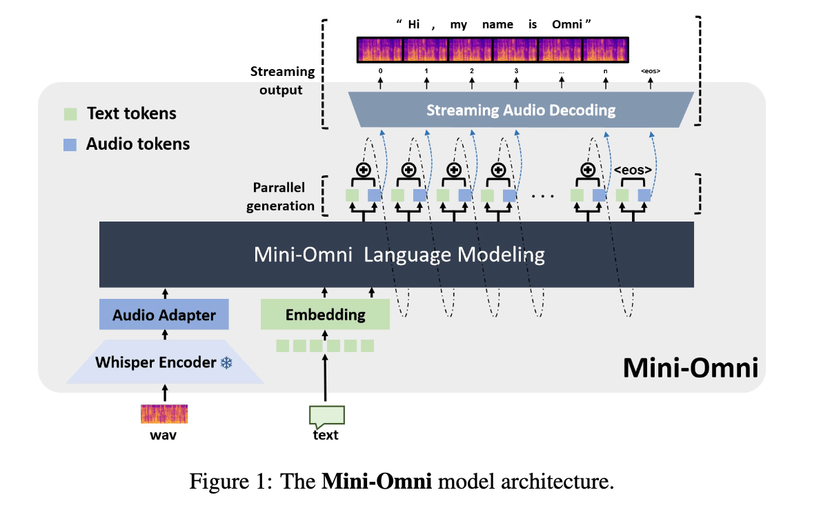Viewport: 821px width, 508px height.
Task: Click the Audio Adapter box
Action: coord(164,314)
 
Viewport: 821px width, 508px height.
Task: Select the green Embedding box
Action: coord(325,314)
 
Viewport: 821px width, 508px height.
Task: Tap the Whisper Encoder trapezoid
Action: coord(164,362)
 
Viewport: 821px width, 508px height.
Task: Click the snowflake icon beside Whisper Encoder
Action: coord(226,362)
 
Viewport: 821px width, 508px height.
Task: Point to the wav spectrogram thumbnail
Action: coord(164,413)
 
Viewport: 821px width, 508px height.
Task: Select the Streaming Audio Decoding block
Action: coord(521,110)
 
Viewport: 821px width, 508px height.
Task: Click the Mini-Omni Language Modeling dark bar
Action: coord(397,255)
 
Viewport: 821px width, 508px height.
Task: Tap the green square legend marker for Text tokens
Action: coord(70,114)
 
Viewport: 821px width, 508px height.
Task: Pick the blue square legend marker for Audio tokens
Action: coord(70,144)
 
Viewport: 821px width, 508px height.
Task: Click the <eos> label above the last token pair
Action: coord(633,170)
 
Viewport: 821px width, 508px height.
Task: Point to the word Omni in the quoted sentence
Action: coord(567,25)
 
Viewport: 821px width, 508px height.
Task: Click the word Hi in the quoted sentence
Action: coord(414,25)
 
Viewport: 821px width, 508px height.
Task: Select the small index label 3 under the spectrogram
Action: coord(516,70)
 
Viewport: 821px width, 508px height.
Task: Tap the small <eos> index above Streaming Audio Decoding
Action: coord(651,70)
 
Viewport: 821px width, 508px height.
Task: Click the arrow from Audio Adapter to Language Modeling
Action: coord(165,293)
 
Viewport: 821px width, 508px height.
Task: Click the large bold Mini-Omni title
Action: coord(690,367)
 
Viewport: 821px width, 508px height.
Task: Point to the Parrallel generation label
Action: coord(280,197)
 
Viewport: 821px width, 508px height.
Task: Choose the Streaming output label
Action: coord(282,80)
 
